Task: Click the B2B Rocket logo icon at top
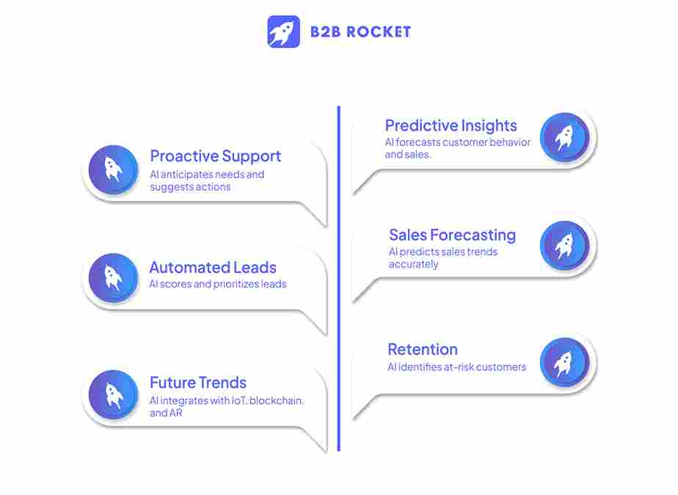(x=283, y=32)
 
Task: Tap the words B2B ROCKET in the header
(x=360, y=32)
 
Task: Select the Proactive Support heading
(x=215, y=156)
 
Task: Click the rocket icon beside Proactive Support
(x=113, y=170)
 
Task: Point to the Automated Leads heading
(x=213, y=268)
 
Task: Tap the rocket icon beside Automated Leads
(x=113, y=279)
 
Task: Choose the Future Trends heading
(x=198, y=383)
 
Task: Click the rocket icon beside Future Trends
(x=113, y=395)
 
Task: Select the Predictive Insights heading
(x=451, y=125)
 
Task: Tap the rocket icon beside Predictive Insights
(x=564, y=137)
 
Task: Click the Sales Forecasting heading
(x=452, y=235)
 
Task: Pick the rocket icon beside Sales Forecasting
(x=564, y=246)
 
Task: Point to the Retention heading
(x=423, y=350)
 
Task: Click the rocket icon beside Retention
(x=564, y=362)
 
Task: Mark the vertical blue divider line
(x=338, y=279)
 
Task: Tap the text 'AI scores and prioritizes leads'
(x=218, y=284)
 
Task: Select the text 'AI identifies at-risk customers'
(x=456, y=367)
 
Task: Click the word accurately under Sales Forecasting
(x=413, y=264)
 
